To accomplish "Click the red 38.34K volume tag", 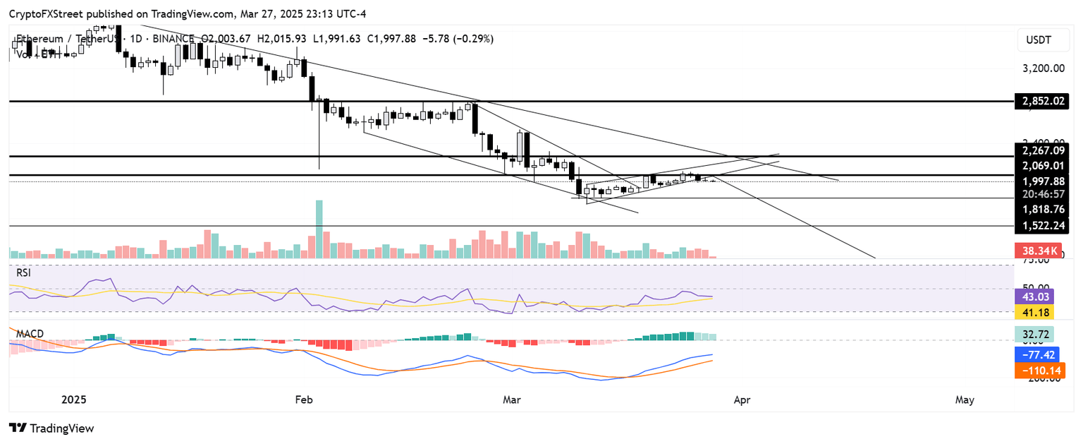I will tap(1037, 250).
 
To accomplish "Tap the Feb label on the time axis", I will tap(303, 400).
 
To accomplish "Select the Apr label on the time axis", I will tap(742, 400).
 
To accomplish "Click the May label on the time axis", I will tap(964, 400).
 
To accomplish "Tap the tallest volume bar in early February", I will tap(319, 229).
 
